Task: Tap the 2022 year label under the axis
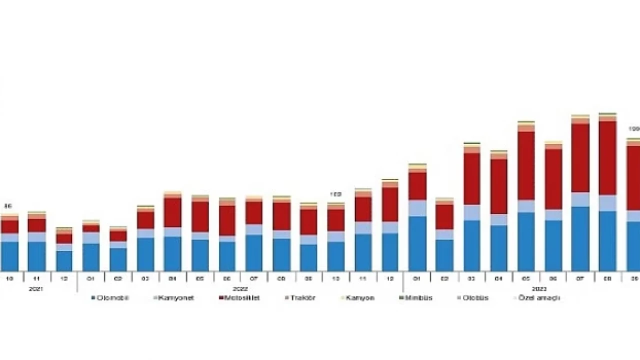(240, 289)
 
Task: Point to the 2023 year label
(538, 289)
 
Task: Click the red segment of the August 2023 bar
(607, 158)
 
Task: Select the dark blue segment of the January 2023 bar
(417, 243)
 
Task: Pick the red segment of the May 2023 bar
(526, 165)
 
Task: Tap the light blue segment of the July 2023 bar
(580, 199)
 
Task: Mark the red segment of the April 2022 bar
(173, 212)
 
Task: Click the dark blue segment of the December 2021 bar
(64, 260)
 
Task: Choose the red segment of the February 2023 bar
(444, 216)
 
